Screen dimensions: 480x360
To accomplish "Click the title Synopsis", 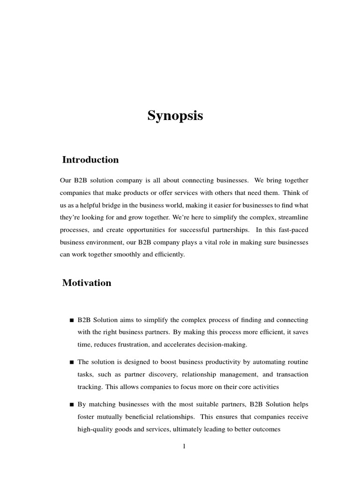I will (x=175, y=116).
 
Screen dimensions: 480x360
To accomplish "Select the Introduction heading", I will (x=90, y=160).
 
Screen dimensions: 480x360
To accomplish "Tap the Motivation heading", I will (x=87, y=283).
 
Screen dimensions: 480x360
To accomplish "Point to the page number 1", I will (x=184, y=446).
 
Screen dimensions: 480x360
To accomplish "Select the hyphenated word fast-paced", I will (x=291, y=230).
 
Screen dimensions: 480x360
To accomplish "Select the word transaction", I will (x=293, y=375).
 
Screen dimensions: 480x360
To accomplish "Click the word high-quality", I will (x=95, y=428).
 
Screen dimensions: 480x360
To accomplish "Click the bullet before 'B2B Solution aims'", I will (x=71, y=321).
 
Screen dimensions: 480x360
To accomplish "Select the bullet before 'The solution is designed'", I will (x=71, y=362).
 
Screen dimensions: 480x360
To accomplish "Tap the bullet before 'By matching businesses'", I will (x=71, y=405).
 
